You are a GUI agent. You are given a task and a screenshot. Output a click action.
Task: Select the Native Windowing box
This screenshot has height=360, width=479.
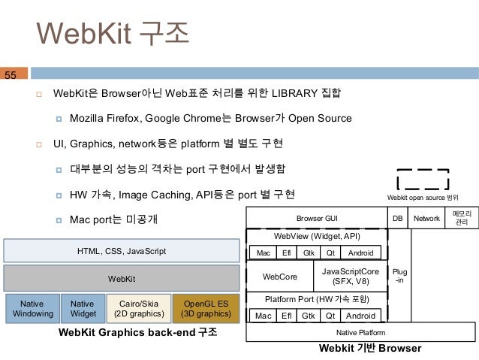[x=31, y=308]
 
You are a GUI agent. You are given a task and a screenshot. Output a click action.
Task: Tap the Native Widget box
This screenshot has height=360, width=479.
[x=83, y=308]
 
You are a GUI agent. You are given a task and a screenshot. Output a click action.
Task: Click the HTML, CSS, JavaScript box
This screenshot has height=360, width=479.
[x=122, y=250]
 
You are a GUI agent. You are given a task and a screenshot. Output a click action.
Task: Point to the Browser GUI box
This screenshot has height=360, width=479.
[x=317, y=218]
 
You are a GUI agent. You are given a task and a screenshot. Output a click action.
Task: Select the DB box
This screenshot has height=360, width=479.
[x=398, y=218]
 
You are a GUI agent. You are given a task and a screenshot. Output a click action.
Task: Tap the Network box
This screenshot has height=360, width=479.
[x=426, y=218]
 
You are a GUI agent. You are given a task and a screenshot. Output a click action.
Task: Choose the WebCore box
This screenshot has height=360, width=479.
[x=278, y=277]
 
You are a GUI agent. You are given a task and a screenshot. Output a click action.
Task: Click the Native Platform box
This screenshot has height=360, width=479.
[x=360, y=332]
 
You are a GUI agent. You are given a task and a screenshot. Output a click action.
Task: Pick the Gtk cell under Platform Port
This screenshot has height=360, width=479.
[x=308, y=316]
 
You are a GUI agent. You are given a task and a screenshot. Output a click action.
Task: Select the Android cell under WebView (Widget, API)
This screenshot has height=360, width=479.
[x=360, y=253]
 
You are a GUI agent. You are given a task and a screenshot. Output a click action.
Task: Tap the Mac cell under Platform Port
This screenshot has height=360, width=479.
[x=263, y=316]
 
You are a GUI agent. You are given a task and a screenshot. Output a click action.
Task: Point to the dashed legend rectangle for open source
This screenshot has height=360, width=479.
[x=423, y=179]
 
